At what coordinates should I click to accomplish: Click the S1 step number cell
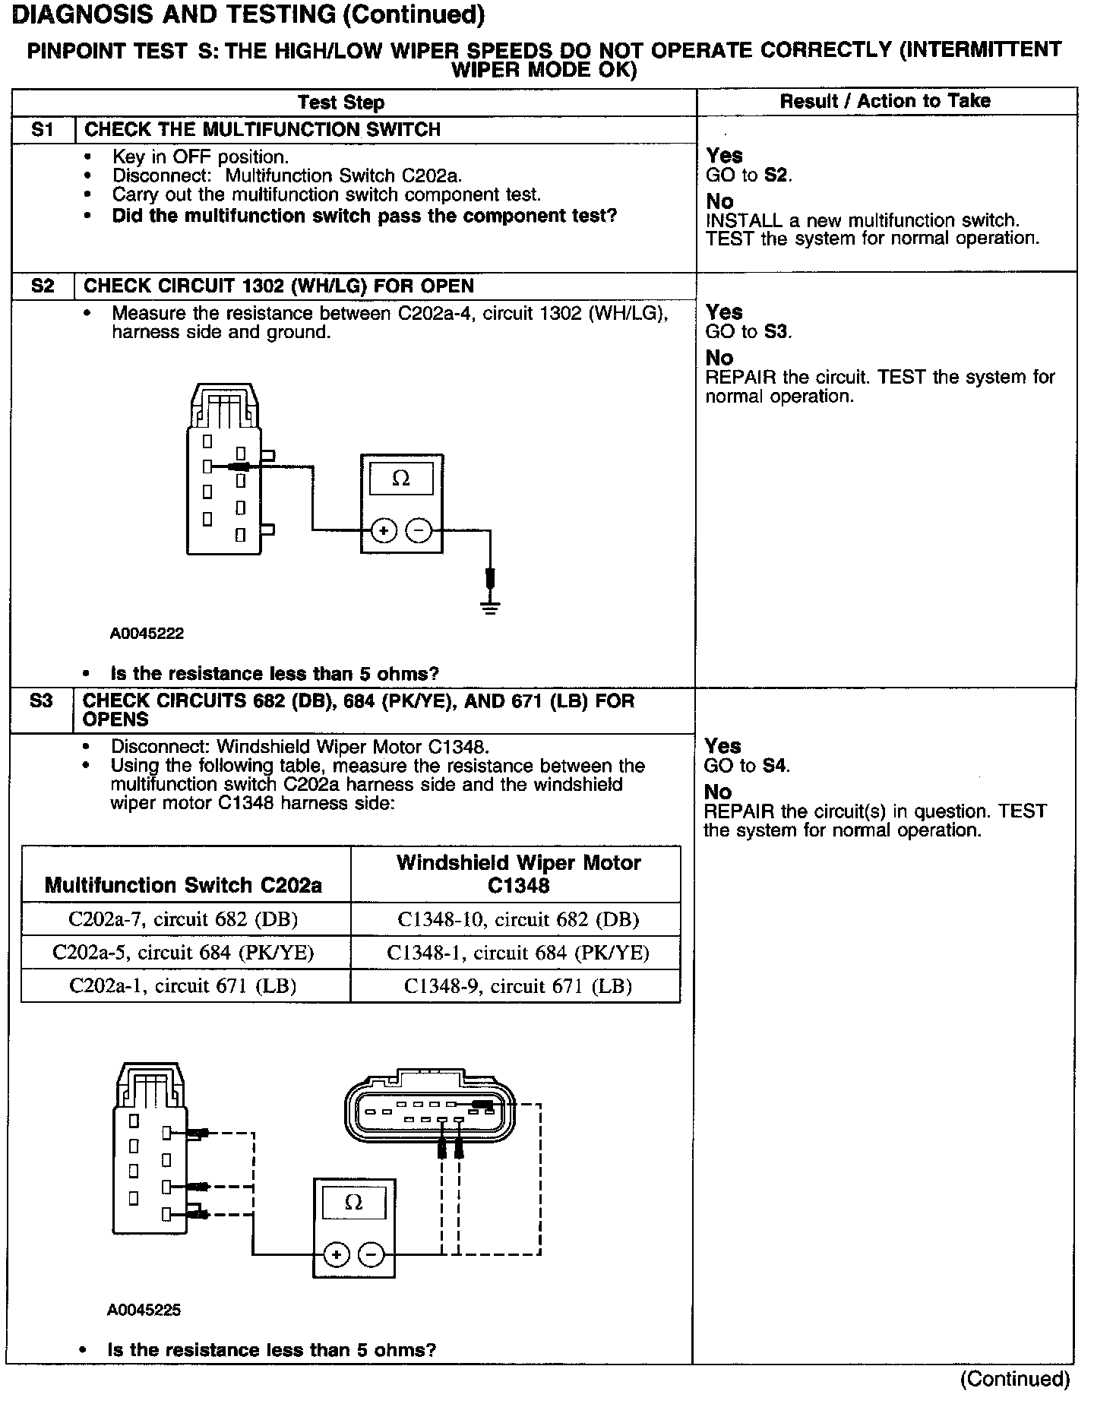pyautogui.click(x=43, y=130)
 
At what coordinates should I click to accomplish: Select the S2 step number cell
pyautogui.click(x=43, y=286)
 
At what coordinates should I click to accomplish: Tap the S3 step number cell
pyautogui.click(x=42, y=701)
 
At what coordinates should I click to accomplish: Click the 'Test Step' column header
pyautogui.click(x=341, y=103)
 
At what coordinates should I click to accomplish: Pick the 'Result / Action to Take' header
pyautogui.click(x=885, y=101)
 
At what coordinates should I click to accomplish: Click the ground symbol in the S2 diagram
pyautogui.click(x=490, y=607)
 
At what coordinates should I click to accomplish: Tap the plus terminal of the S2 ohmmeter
pyautogui.click(x=384, y=530)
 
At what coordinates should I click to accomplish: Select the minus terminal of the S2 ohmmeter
pyautogui.click(x=419, y=530)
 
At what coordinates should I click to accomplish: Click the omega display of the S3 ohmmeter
pyautogui.click(x=353, y=1203)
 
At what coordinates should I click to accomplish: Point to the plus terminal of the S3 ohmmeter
pyautogui.click(x=336, y=1254)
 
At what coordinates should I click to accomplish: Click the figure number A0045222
pyautogui.click(x=147, y=633)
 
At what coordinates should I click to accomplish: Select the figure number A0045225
pyautogui.click(x=144, y=1310)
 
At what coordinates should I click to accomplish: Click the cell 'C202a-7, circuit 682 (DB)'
pyautogui.click(x=183, y=919)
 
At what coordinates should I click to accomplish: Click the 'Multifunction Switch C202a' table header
pyautogui.click(x=183, y=885)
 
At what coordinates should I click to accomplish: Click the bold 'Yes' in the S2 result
pyautogui.click(x=724, y=312)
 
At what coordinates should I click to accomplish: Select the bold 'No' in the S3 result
pyautogui.click(x=718, y=792)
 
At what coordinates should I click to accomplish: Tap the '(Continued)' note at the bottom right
pyautogui.click(x=1015, y=1379)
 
